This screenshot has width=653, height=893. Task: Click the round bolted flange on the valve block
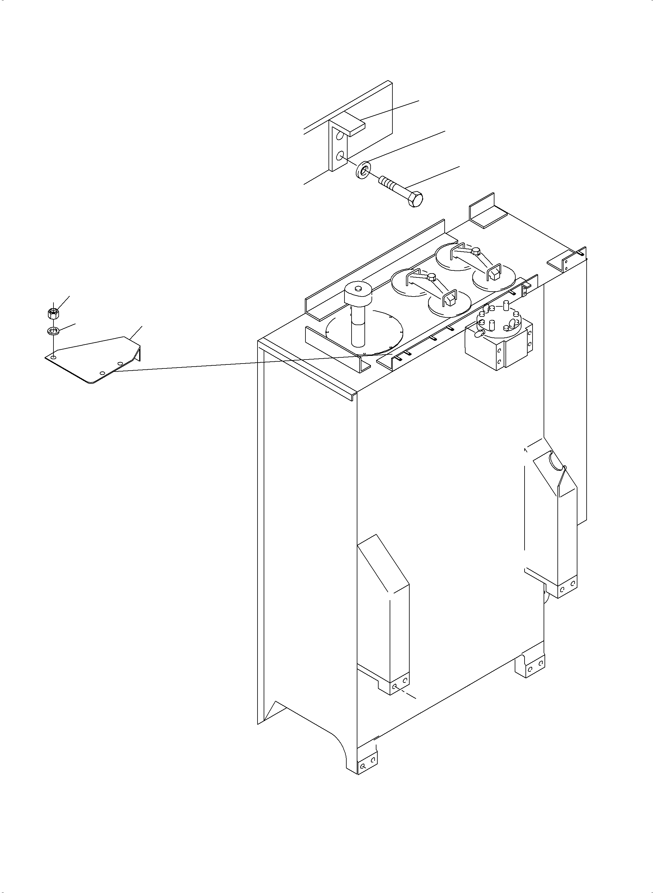pos(499,319)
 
